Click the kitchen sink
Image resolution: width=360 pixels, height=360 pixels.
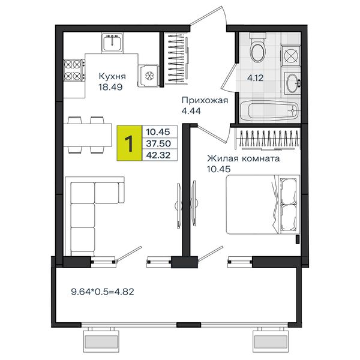112,43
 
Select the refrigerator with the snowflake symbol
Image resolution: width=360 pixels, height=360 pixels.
148,76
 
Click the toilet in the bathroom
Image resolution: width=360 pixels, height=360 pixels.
258,47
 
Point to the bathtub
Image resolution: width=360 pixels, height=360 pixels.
269,110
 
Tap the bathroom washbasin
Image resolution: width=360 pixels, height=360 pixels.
293,83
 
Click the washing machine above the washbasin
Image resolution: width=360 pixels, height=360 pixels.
290,56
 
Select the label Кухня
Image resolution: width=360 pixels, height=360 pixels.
112,76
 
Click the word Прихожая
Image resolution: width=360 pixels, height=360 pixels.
205,100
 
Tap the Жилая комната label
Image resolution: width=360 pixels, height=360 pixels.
244,158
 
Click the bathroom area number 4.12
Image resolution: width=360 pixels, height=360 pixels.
255,78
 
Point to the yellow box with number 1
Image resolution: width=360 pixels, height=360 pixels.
129,143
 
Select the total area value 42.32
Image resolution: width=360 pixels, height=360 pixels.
158,155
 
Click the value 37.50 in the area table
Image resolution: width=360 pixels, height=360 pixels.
158,143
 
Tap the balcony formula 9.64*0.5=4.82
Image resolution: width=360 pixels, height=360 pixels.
103,292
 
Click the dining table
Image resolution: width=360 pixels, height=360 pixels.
88,135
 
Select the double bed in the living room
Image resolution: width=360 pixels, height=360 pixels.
263,205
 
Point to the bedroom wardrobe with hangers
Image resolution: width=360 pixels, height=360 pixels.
268,139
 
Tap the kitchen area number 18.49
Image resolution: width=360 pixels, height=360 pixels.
110,87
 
